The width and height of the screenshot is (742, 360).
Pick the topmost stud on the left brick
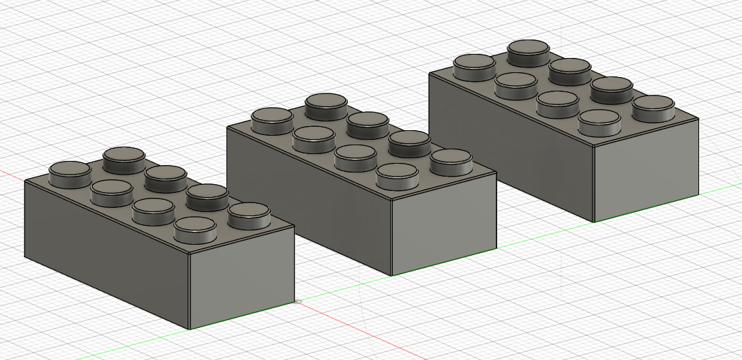[123, 158]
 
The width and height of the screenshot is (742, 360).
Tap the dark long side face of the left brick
[102, 245]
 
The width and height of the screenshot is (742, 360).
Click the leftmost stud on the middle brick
[272, 119]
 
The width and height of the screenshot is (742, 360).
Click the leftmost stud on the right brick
[474, 65]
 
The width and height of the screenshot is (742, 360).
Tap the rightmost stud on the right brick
[653, 107]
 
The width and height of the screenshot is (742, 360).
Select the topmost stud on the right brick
[529, 50]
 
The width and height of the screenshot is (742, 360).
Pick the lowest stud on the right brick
[599, 121]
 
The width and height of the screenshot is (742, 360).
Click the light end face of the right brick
[646, 170]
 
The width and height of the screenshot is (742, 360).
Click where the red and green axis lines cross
[295, 301]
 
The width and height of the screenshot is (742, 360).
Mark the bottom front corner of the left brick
[189, 329]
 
